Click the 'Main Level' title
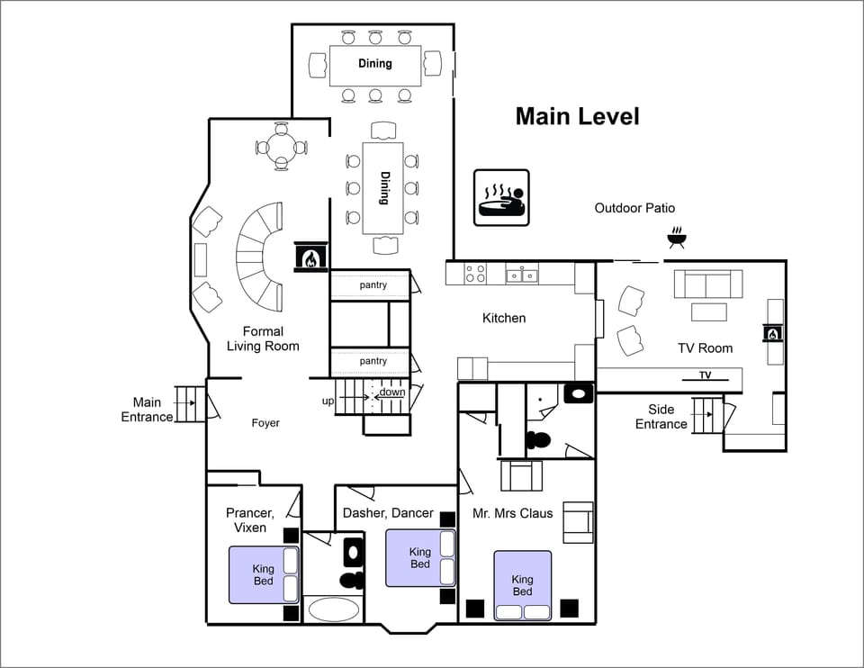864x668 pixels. click(x=577, y=116)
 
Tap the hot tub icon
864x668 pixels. click(x=501, y=198)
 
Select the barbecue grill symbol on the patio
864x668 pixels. click(x=678, y=239)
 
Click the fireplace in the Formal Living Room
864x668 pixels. click(x=310, y=257)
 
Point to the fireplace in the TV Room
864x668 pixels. click(x=771, y=333)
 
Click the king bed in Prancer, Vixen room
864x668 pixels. click(x=264, y=574)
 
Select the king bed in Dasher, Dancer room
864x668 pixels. click(x=420, y=558)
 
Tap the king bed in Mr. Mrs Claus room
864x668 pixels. click(x=522, y=585)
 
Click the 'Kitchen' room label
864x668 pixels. click(x=504, y=318)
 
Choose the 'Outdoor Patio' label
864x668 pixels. click(x=634, y=208)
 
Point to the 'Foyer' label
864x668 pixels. click(x=265, y=423)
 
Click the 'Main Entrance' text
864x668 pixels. click(x=147, y=410)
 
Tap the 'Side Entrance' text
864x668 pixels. click(x=661, y=417)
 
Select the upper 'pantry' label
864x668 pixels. click(x=373, y=285)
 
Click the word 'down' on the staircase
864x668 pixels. click(x=391, y=393)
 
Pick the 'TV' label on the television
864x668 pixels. click(x=705, y=375)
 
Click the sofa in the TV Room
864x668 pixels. click(x=708, y=284)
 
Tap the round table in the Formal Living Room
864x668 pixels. click(x=281, y=147)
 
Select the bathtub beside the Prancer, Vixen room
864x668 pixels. click(x=333, y=609)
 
